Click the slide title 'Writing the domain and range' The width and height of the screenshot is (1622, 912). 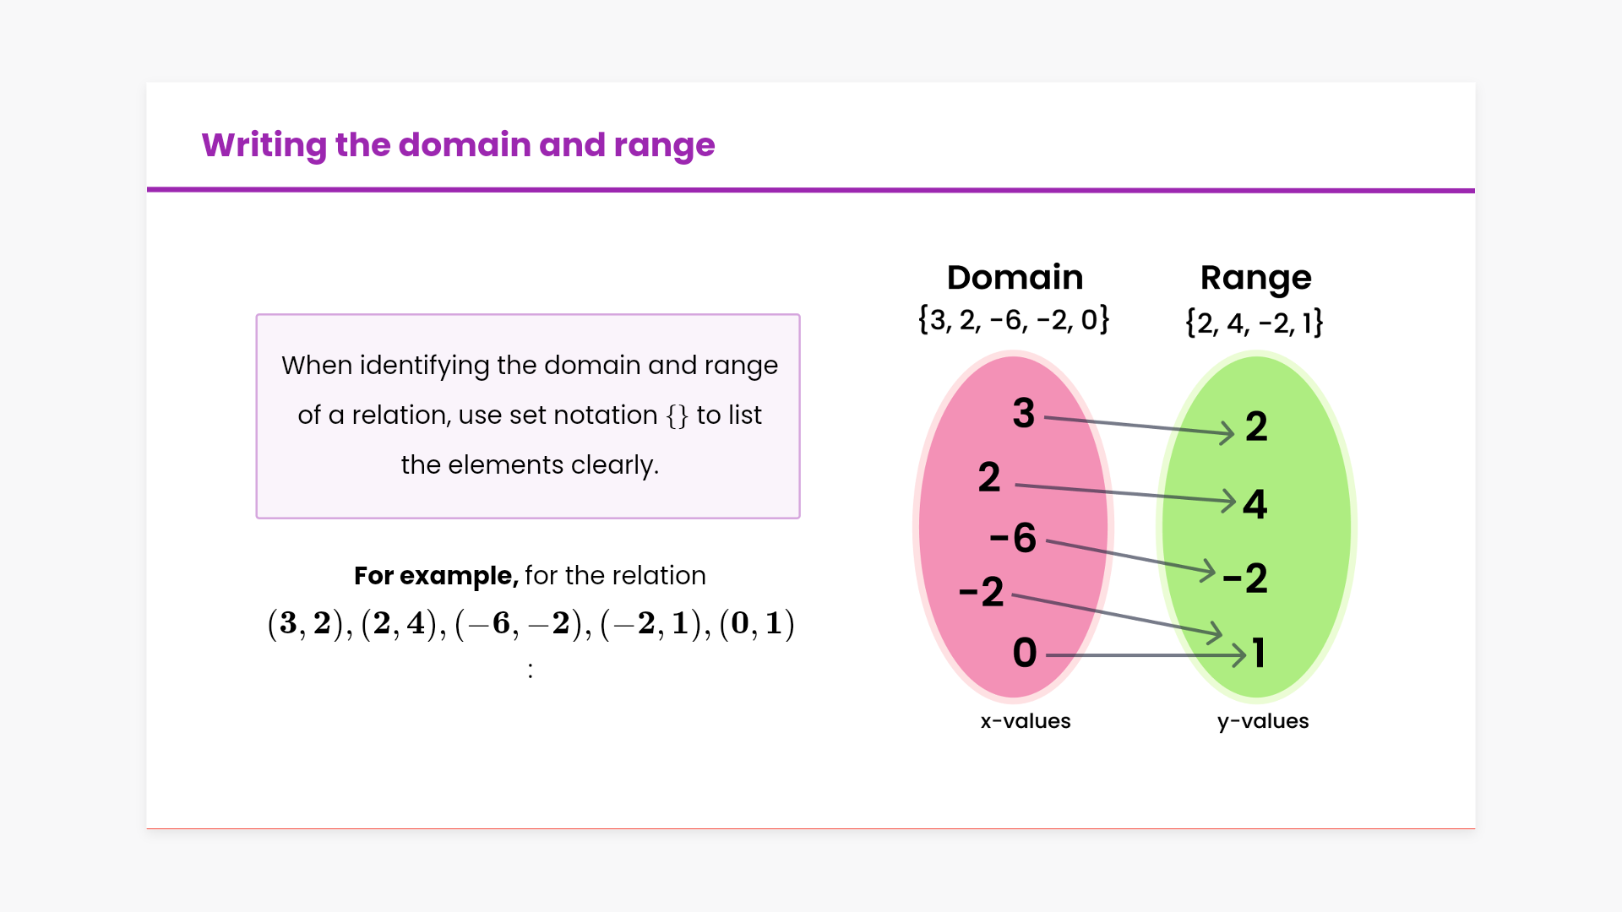pyautogui.click(x=458, y=145)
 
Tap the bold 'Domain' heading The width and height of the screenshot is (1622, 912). pyautogui.click(x=1015, y=277)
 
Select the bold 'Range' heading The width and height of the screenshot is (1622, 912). pyautogui.click(x=1255, y=279)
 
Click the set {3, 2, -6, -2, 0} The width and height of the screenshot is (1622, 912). pyautogui.click(x=1014, y=320)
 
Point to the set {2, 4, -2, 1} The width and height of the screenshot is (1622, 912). pyautogui.click(x=1255, y=323)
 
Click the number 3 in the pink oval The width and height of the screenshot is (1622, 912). pyautogui.click(x=1024, y=413)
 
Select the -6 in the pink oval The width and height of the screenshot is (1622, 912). pyautogui.click(x=1013, y=538)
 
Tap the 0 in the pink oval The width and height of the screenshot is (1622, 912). pyautogui.click(x=1025, y=653)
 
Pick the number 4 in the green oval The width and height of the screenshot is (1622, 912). pyautogui.click(x=1255, y=504)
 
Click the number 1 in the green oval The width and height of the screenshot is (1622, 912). pyautogui.click(x=1259, y=653)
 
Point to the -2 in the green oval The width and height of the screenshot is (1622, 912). pyautogui.click(x=1245, y=578)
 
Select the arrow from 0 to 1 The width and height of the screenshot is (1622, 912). pyautogui.click(x=1146, y=654)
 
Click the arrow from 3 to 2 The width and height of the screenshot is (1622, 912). pyautogui.click(x=1140, y=426)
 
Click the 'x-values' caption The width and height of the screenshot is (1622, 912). pyautogui.click(x=1026, y=721)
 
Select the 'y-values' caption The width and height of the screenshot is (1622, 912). pyautogui.click(x=1263, y=722)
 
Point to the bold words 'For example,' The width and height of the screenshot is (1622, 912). pyautogui.click(x=436, y=576)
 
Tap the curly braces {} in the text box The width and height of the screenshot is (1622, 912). pyautogui.click(x=678, y=415)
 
